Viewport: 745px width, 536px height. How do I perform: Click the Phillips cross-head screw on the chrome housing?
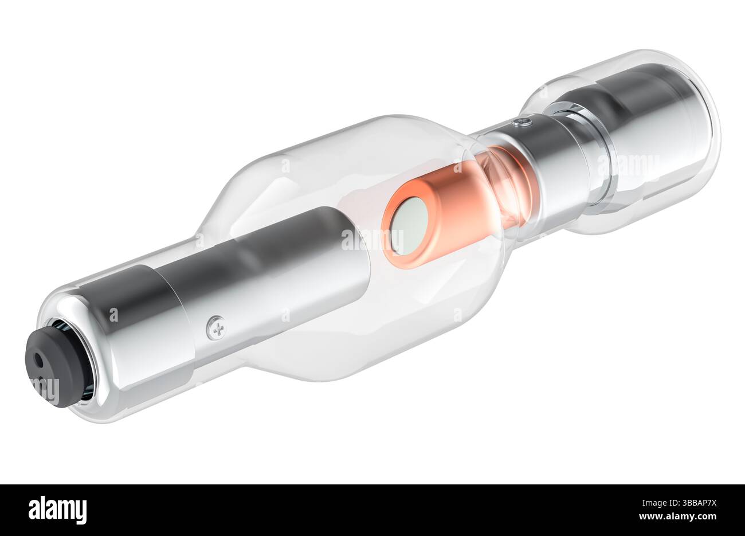tap(216, 326)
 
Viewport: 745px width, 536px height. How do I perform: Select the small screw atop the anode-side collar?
tap(521, 120)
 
